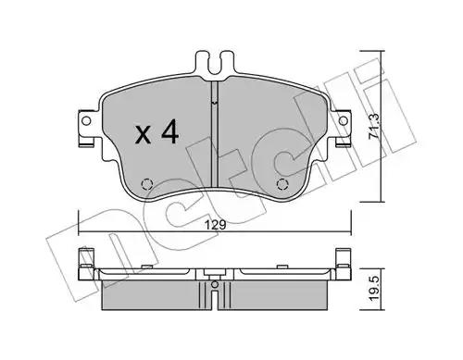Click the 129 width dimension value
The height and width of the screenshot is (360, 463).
[216, 225]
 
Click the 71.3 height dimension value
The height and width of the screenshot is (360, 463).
[374, 126]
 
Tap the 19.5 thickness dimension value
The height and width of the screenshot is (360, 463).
[374, 288]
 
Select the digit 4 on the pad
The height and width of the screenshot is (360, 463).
[169, 131]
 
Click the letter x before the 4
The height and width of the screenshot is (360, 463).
[144, 135]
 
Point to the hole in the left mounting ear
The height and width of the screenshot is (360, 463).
[87, 120]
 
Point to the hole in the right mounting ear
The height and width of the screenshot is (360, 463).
[343, 120]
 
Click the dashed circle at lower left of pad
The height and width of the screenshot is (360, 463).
[147, 184]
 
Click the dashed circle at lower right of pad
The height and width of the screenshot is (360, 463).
[282, 184]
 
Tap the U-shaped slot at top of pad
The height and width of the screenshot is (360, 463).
[215, 66]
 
